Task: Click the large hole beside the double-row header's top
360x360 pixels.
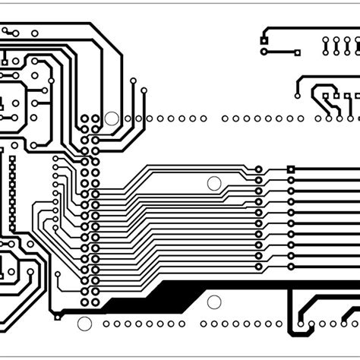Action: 112,118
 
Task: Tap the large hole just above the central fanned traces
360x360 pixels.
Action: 214,183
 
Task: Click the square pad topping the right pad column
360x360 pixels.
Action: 291,169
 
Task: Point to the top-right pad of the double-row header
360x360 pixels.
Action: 95,119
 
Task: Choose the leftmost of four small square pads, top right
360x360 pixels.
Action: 326,96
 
